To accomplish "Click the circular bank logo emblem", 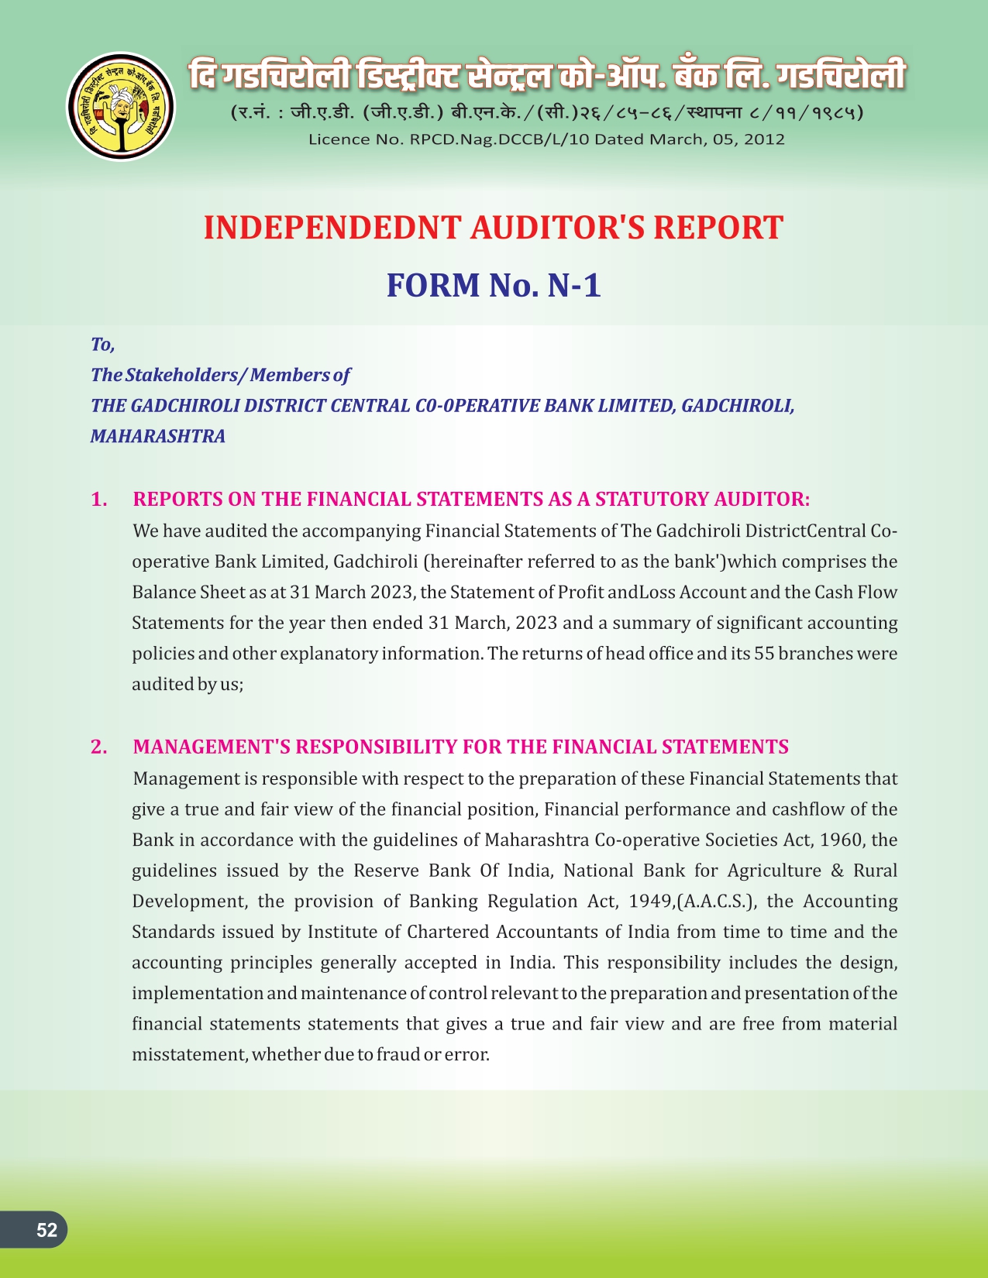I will (x=120, y=106).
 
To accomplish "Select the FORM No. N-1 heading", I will (x=494, y=285).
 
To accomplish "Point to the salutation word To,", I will (x=102, y=344).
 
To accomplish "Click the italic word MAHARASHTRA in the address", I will (x=158, y=436).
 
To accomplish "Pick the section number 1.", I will (x=98, y=499).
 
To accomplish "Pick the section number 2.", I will (x=98, y=747).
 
